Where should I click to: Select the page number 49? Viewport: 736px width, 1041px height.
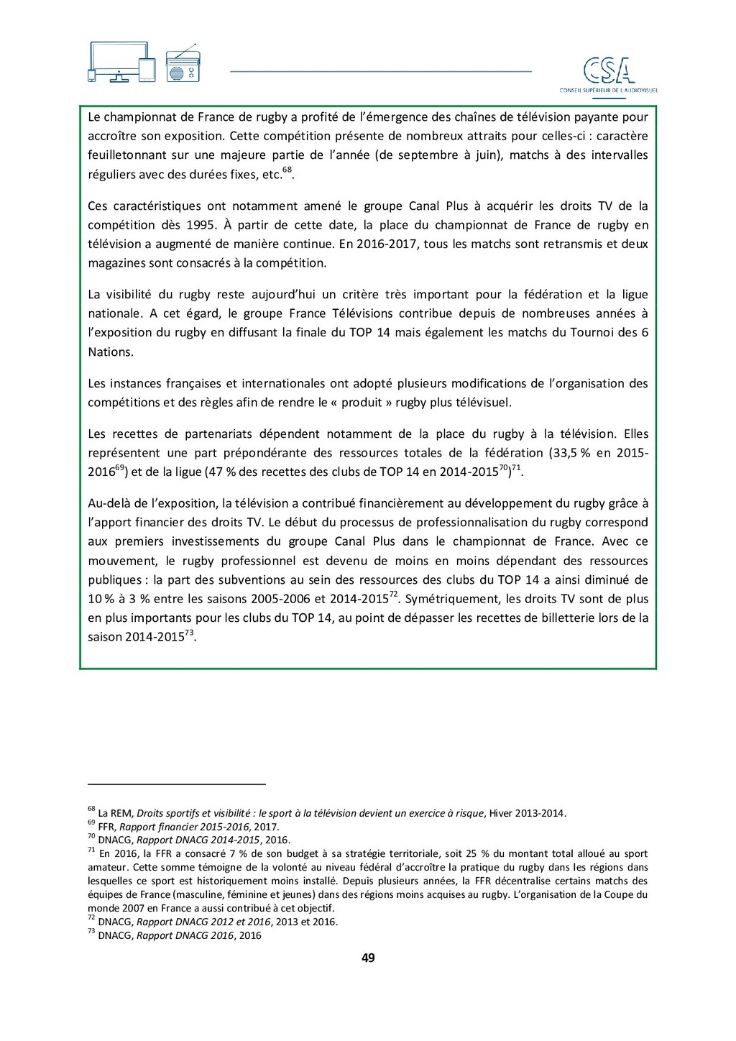368,958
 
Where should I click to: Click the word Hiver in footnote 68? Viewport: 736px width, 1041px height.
502,814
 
